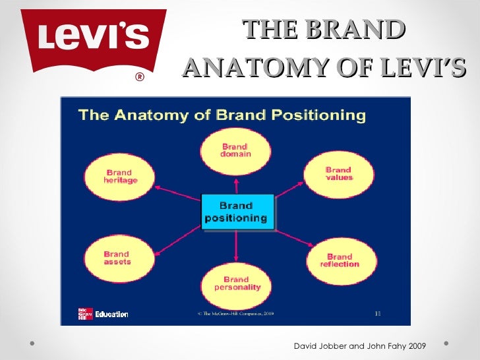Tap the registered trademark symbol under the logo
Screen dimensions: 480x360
140,77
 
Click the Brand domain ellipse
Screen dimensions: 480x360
235,150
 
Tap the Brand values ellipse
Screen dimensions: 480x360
339,173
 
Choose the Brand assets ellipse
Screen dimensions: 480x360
117,257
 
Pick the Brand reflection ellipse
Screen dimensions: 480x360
340,260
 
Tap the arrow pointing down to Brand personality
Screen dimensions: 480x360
236,248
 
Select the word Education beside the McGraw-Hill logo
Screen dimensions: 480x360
111,314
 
